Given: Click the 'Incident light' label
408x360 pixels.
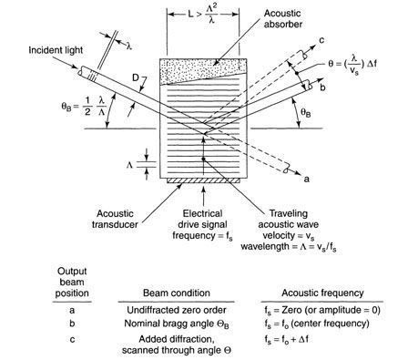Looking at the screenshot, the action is point(56,50).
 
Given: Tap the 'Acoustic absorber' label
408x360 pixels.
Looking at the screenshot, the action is point(282,18).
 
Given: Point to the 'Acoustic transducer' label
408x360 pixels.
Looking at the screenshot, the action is point(115,219).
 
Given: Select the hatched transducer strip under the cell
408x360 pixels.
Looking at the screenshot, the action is point(203,180).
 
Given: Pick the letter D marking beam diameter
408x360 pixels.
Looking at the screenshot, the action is point(136,78).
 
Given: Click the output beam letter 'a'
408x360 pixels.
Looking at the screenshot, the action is point(307,180).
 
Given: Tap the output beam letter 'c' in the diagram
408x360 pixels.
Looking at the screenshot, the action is point(321,40).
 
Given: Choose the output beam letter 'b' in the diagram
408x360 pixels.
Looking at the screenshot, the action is point(322,87).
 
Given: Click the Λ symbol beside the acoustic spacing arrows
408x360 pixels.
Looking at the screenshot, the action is point(129,165).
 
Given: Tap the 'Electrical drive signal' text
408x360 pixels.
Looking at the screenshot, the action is point(202,219).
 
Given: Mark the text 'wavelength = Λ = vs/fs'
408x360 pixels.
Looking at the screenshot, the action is point(289,247).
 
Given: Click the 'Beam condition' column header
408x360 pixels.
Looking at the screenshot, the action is point(177,293).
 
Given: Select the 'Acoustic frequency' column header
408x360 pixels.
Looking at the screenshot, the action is point(322,293).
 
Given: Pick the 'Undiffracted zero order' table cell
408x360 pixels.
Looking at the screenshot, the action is point(177,310).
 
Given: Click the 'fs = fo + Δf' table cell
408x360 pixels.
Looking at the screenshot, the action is point(286,339).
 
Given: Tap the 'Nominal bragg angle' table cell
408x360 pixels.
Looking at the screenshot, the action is point(177,324).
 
